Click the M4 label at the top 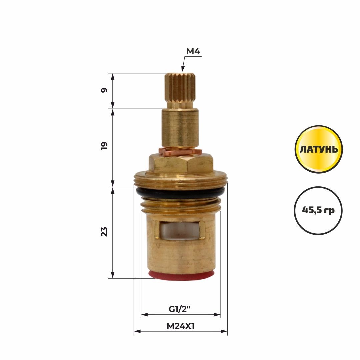click(193, 51)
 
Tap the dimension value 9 click(104, 90)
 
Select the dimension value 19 click(104, 146)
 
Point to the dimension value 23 click(104, 231)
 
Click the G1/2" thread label click(180, 309)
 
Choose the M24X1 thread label click(180, 326)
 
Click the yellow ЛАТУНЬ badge click(319, 149)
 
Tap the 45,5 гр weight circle click(318, 210)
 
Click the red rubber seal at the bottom click(181, 275)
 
